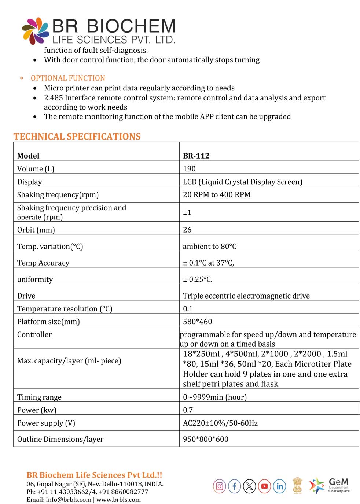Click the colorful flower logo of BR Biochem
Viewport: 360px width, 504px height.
point(35,31)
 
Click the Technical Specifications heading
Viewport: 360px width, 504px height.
point(77,137)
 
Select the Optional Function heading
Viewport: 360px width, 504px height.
point(68,78)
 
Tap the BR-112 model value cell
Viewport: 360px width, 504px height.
point(196,156)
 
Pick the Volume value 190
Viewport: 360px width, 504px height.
point(189,169)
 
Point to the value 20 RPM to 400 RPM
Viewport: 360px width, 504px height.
point(216,195)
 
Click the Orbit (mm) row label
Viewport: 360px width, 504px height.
point(36,230)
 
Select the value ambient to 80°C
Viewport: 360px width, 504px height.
point(209,247)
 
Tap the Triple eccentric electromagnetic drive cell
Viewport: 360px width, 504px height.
point(246,296)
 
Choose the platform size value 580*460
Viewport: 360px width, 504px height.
point(197,322)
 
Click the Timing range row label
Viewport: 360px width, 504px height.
point(39,397)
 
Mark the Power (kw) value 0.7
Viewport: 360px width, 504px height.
point(188,410)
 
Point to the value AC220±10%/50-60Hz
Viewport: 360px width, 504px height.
point(220,423)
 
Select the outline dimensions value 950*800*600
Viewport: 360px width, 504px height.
point(205,439)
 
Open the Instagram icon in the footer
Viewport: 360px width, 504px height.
point(219,486)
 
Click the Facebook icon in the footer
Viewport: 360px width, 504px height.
point(234,486)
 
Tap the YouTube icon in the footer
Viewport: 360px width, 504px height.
point(264,486)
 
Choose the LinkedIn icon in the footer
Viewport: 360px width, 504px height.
point(280,486)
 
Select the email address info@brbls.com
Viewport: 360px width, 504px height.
point(69,500)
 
